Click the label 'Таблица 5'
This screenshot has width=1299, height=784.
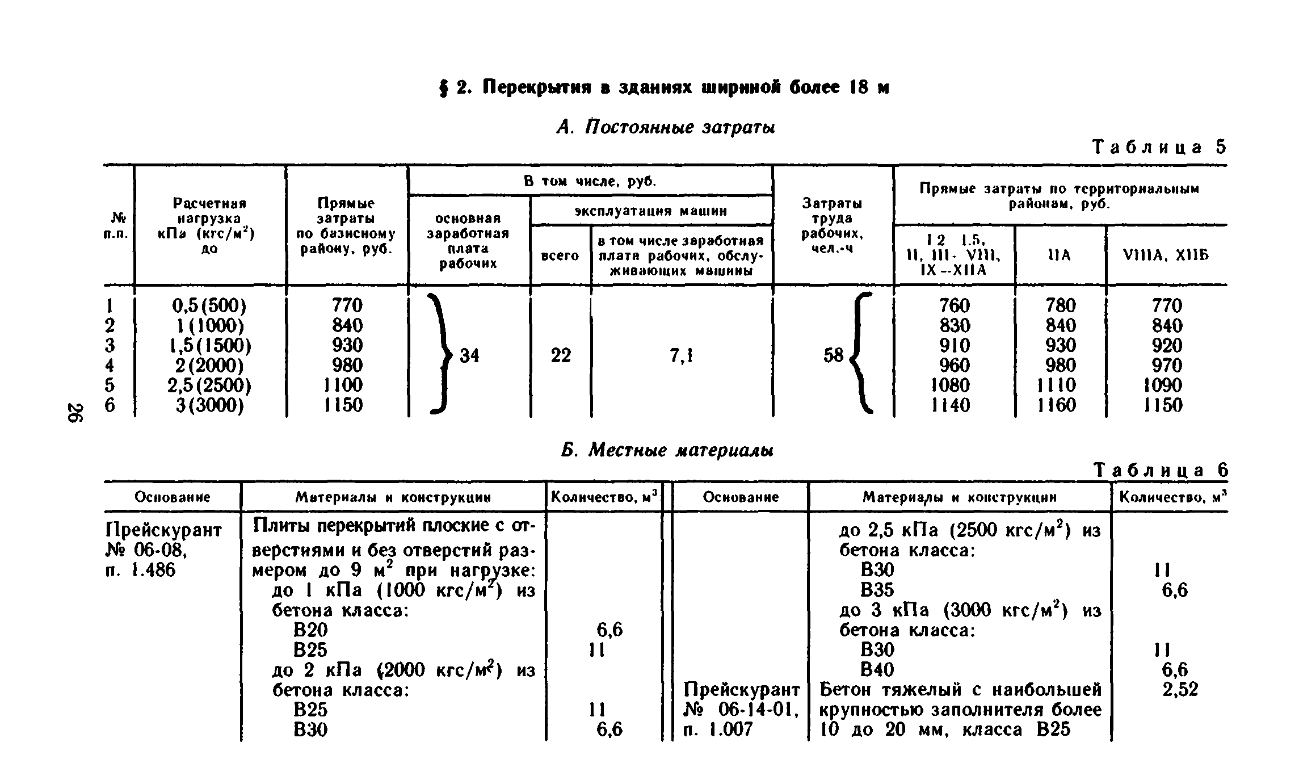1159,148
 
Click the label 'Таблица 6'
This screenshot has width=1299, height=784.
1161,471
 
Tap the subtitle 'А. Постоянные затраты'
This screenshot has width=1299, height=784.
666,127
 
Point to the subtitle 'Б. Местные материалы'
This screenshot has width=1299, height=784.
667,450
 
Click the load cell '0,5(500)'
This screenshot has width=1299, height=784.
209,306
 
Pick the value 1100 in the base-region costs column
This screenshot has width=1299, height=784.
343,385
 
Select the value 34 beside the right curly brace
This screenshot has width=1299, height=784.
469,356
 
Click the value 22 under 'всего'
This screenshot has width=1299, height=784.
561,356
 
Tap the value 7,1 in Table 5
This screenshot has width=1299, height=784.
681,356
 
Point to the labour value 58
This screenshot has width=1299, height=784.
833,356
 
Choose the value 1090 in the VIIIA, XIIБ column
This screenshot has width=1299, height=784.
1163,385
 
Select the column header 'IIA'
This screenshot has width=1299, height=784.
1059,255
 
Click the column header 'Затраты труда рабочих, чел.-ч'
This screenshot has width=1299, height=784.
833,225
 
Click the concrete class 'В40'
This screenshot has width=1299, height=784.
877,670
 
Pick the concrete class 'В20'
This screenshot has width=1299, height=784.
310,630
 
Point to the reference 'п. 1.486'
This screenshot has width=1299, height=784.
140,570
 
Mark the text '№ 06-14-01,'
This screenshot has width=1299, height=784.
741,710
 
